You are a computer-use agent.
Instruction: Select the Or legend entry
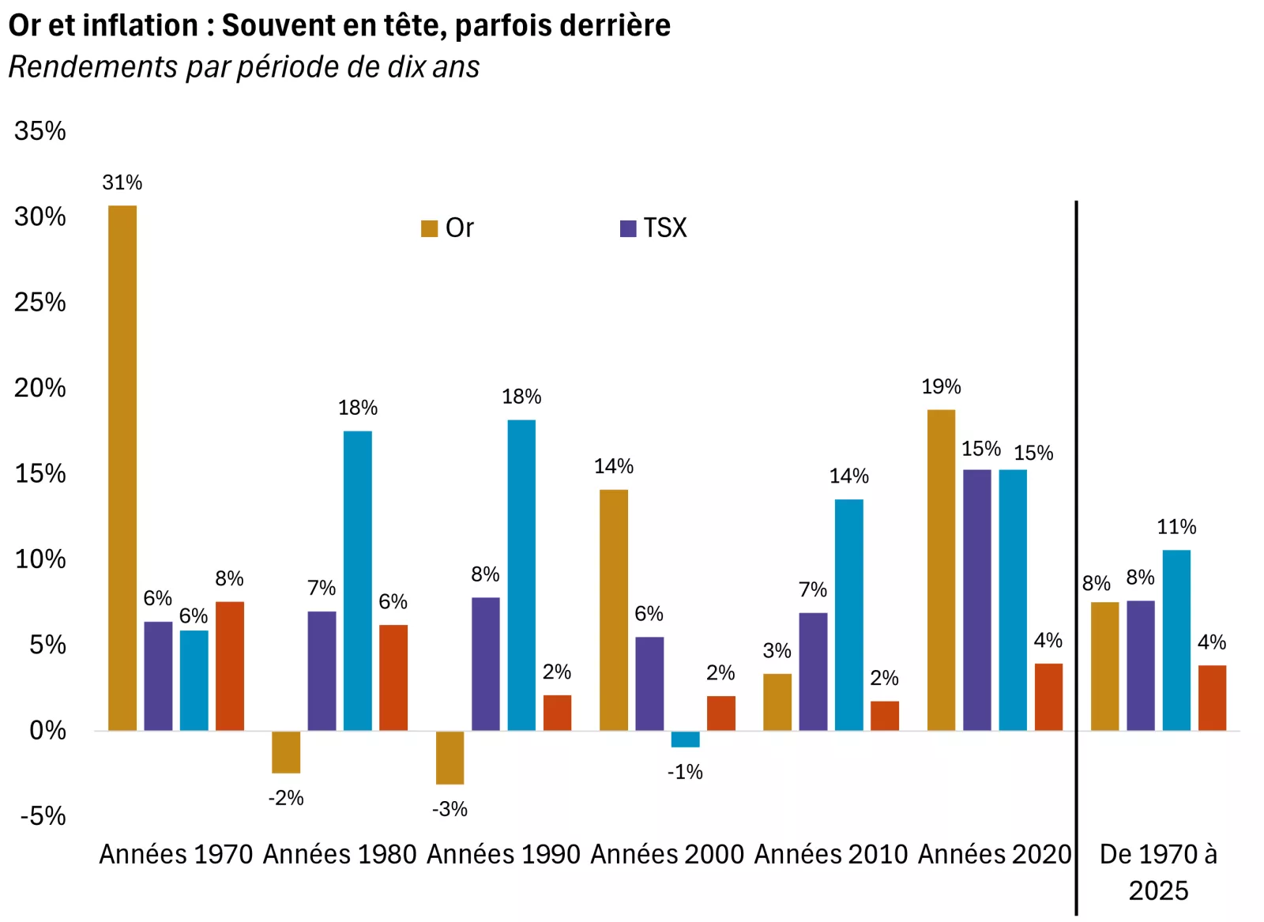(448, 228)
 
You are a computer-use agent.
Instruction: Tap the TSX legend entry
(654, 228)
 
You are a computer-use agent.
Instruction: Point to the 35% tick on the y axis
(39, 131)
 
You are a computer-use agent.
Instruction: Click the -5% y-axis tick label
(43, 816)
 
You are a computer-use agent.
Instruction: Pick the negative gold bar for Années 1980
(286, 751)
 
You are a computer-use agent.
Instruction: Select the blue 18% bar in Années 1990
(521, 575)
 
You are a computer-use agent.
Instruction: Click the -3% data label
(450, 809)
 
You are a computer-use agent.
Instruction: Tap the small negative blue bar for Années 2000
(685, 739)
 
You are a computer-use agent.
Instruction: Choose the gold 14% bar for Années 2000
(614, 610)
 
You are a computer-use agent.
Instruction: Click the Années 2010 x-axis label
(831, 854)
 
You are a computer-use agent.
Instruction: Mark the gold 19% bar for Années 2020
(941, 570)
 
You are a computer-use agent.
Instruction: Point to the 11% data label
(1176, 527)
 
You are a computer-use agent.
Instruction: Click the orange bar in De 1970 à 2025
(1212, 698)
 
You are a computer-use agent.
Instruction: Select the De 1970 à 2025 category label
(1158, 871)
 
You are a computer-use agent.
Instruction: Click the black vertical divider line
(1076, 553)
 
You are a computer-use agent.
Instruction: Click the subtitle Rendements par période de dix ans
(243, 67)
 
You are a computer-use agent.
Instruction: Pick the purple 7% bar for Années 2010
(813, 672)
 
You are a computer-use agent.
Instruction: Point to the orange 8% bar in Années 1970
(230, 666)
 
